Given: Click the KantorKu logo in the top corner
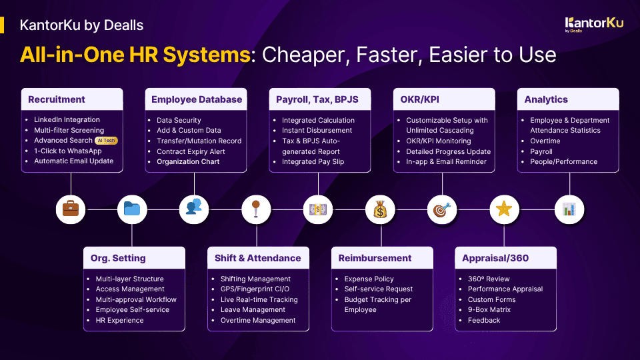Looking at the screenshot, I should tap(593, 24).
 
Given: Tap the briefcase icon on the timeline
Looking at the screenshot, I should tap(70, 209).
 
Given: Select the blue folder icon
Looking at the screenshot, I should tap(132, 209).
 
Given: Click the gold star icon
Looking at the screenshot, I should tap(504, 209).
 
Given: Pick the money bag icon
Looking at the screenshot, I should tap(380, 209).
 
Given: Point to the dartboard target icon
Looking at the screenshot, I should tap(441, 209).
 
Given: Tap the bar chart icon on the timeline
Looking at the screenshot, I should tap(569, 209).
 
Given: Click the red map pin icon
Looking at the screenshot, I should tap(256, 209).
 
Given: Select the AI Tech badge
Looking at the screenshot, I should tap(106, 141).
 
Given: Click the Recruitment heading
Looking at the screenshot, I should tap(57, 99).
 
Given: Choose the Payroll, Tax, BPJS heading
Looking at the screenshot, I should tap(317, 99).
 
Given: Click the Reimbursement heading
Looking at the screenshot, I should tap(375, 258).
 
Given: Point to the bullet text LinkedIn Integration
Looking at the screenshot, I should tap(67, 120).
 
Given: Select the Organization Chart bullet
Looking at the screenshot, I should tap(188, 161).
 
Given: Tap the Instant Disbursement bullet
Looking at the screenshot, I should tap(317, 131).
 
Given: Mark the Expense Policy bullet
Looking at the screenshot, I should tap(369, 279).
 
